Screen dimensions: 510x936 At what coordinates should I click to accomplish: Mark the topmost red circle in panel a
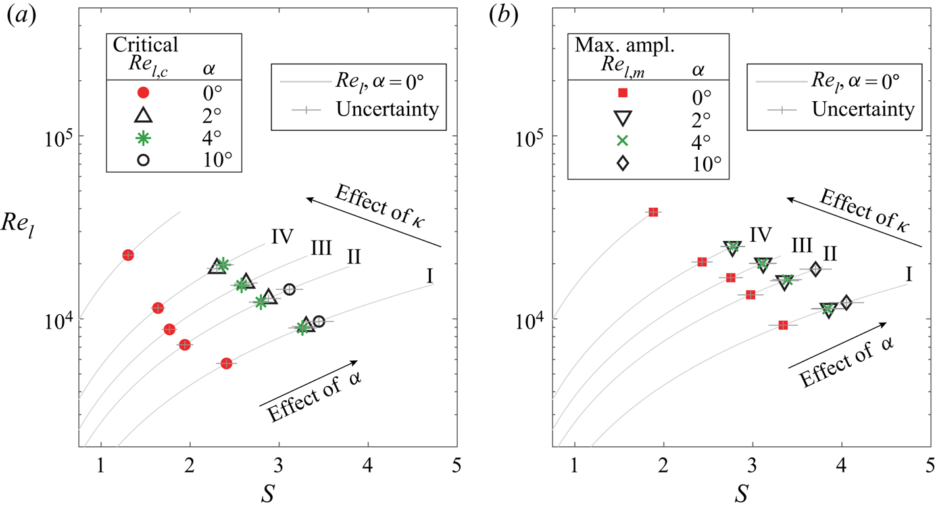(x=128, y=254)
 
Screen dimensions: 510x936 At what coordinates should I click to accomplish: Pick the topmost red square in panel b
(x=653, y=212)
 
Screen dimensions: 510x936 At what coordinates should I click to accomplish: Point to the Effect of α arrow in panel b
(x=836, y=345)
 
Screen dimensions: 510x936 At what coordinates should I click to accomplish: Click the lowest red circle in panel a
(x=226, y=363)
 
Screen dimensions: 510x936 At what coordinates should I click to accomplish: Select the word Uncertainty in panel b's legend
(x=864, y=109)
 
